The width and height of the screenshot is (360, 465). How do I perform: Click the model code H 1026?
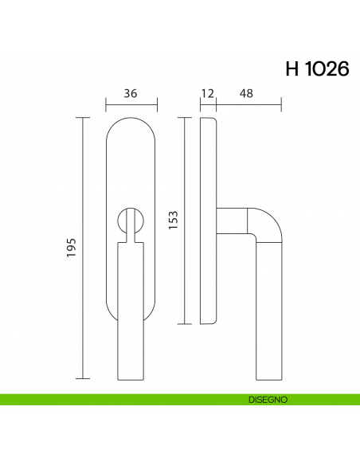(x=316, y=68)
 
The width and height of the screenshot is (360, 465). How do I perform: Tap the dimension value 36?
(x=131, y=93)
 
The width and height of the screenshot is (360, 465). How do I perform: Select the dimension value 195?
(x=71, y=248)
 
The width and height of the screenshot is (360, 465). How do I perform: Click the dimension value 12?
(x=208, y=93)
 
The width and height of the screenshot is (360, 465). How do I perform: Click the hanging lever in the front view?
(x=131, y=311)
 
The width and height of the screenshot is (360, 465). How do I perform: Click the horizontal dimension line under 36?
(x=131, y=104)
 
